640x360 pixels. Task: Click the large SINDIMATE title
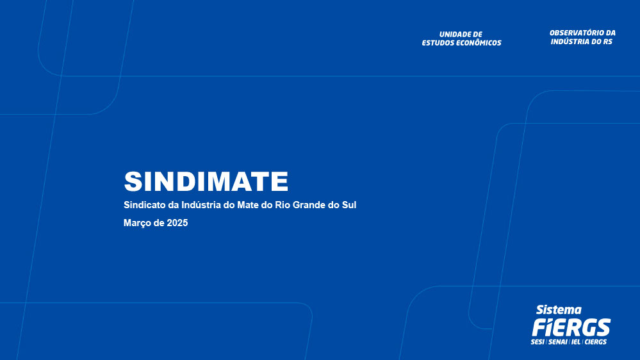[206, 181]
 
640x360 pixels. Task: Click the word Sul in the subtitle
[349, 205]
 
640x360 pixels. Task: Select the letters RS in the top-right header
[608, 42]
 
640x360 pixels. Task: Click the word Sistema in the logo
[559, 310]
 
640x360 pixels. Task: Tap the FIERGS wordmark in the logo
[571, 327]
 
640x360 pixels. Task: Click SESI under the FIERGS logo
[537, 341]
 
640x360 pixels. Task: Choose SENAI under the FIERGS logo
[558, 341]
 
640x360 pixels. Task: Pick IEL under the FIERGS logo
[576, 341]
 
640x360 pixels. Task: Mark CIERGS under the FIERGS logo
[596, 341]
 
